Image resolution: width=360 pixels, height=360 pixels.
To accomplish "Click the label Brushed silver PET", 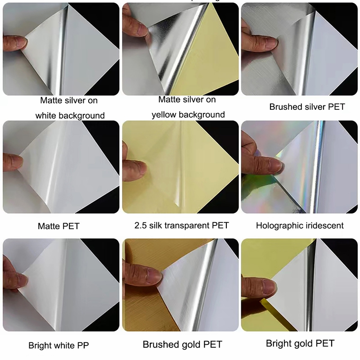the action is click(307, 107).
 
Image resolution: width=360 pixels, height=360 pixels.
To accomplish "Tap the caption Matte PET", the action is click(58, 226).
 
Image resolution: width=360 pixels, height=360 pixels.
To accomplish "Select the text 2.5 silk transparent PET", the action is click(182, 225).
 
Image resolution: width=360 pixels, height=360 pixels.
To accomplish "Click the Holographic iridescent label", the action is click(300, 226).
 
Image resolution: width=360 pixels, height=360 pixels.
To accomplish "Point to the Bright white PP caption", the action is click(58, 345).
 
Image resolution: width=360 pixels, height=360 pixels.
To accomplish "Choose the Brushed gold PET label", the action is click(183, 344).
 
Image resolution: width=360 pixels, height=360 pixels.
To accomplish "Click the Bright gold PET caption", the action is click(300, 343).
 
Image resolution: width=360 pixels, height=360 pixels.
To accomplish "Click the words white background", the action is click(70, 115).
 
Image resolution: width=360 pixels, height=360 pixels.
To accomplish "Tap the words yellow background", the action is click(188, 115).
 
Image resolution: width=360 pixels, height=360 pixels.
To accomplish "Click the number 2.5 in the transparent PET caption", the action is click(140, 225).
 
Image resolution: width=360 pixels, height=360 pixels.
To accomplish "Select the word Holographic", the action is click(277, 226).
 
